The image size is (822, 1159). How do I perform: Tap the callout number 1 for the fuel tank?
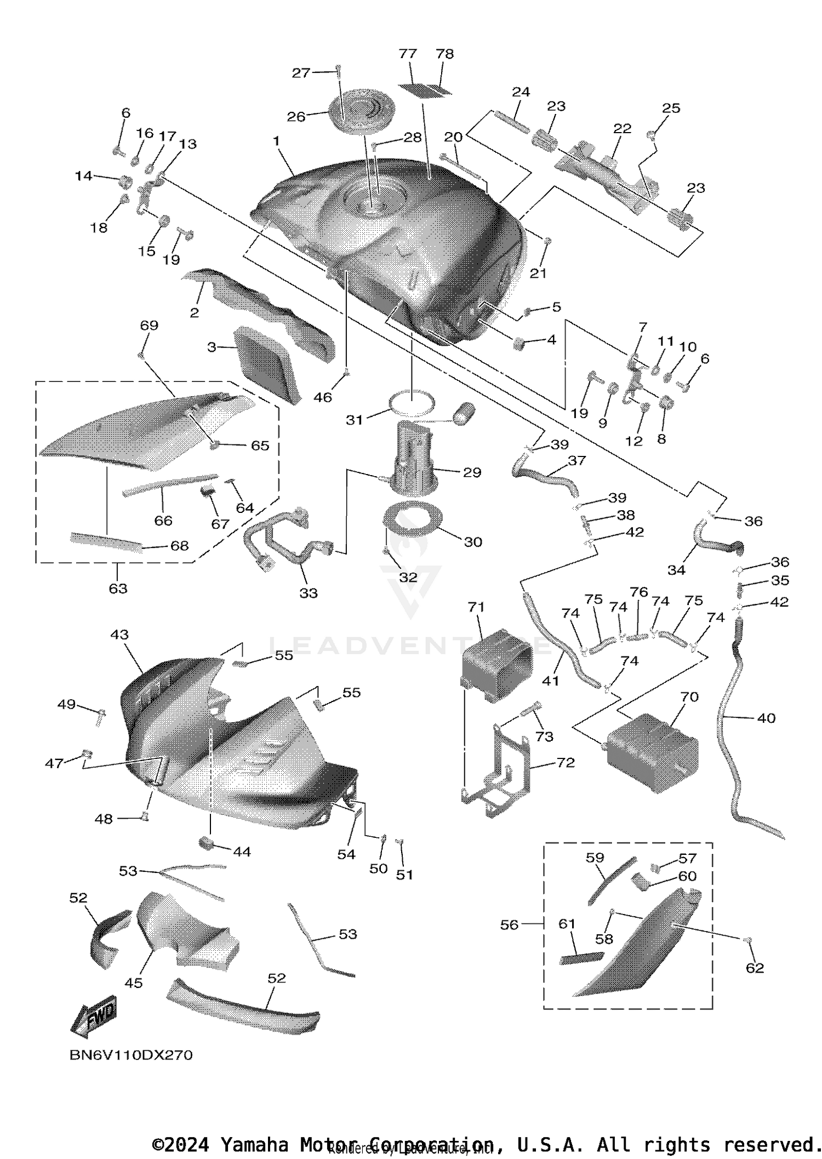click(277, 141)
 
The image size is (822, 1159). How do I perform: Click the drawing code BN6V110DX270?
click(131, 1055)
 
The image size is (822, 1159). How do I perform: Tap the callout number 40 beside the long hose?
click(766, 718)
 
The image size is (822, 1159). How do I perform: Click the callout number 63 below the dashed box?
click(118, 589)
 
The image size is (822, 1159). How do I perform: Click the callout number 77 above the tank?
click(408, 54)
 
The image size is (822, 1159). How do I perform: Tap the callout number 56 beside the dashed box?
click(509, 925)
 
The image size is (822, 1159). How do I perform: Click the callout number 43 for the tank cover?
click(119, 635)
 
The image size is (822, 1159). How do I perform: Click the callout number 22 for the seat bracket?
click(622, 128)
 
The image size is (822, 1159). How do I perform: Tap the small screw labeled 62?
click(747, 940)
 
